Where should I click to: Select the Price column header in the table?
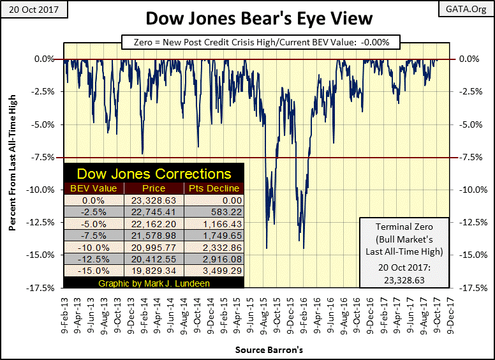pyautogui.click(x=154, y=188)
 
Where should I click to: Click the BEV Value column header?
pyautogui.click(x=94, y=188)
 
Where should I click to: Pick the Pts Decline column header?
pyautogui.click(x=214, y=188)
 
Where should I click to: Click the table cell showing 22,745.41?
pyautogui.click(x=154, y=212)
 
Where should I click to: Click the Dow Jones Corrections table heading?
pyautogui.click(x=154, y=174)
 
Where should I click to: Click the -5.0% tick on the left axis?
pyautogui.click(x=43, y=124)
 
